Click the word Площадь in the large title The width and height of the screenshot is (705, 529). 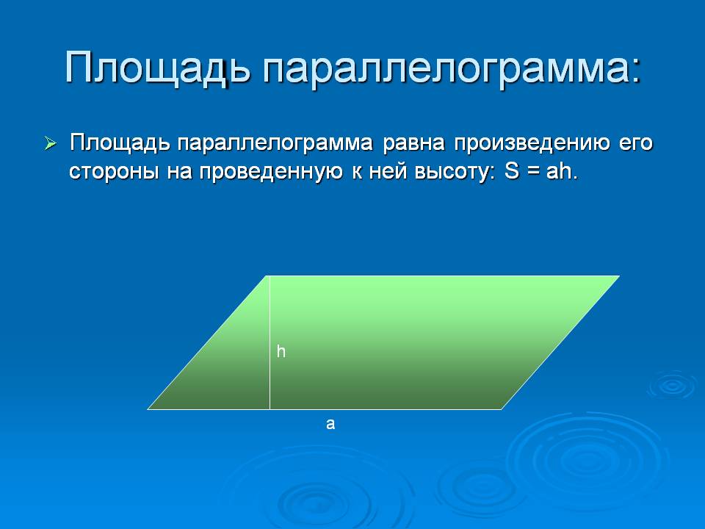(157, 69)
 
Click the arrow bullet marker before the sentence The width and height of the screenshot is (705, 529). (51, 144)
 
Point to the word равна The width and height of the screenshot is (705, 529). (413, 143)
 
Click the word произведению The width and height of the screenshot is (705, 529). (532, 144)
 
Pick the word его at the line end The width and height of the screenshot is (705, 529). (636, 144)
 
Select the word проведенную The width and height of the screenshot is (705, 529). (271, 172)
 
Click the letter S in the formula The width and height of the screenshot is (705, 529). (512, 171)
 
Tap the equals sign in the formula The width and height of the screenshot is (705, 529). (533, 172)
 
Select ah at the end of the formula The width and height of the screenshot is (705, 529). (559, 171)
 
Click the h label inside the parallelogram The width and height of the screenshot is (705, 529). (281, 351)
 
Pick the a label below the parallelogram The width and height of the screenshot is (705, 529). (330, 424)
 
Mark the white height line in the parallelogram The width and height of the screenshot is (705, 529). (270, 342)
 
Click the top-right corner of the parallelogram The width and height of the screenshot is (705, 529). (620, 276)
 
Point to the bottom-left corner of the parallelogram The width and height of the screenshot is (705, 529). (148, 409)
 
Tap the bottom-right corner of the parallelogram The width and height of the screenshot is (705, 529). (502, 409)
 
